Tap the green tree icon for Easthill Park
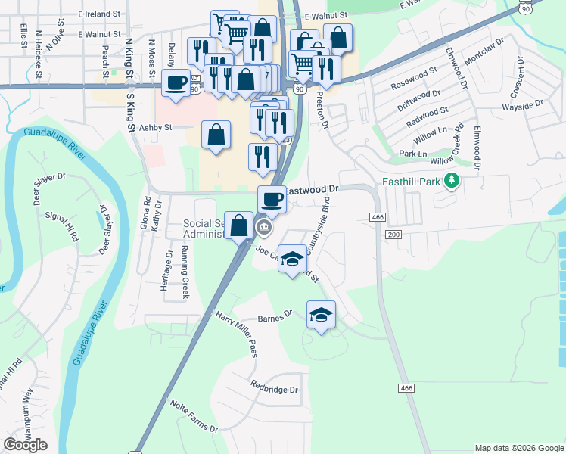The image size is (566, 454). [452, 180]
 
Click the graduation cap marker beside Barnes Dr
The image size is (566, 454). [322, 314]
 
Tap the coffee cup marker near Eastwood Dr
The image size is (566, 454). [272, 199]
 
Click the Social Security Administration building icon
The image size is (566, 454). [266, 226]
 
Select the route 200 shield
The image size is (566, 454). [393, 235]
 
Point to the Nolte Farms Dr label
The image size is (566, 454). [193, 417]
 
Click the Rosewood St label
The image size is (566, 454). [414, 78]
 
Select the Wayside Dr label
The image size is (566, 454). [528, 103]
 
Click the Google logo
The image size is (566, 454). [25, 445]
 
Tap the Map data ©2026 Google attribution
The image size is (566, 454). [518, 448]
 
